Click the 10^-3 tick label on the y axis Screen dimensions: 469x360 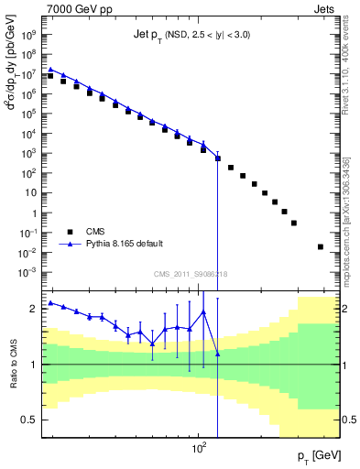click(x=29, y=273)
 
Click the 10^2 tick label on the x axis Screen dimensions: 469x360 click(x=197, y=450)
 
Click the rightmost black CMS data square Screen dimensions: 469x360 click(x=320, y=246)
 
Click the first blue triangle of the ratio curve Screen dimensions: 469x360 click(x=50, y=302)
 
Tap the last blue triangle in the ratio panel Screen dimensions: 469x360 click(x=217, y=354)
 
